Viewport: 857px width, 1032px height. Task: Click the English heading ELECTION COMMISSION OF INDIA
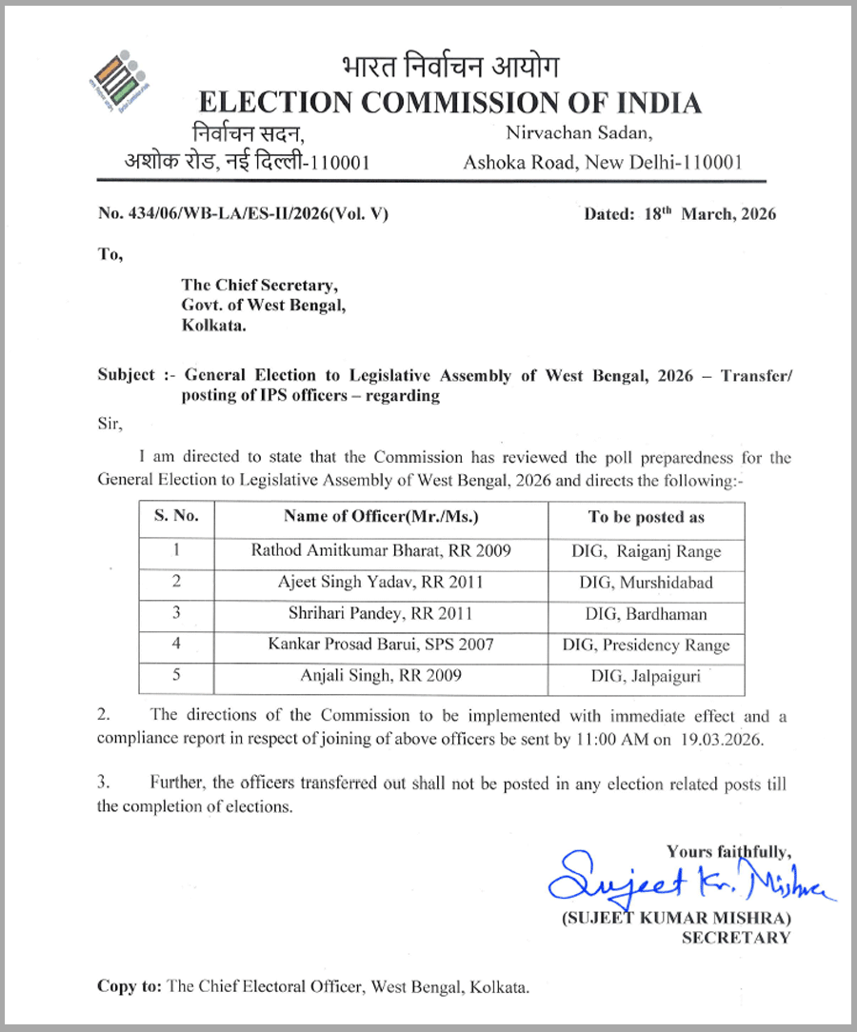[448, 103]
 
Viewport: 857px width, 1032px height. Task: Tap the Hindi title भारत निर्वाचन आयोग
[449, 68]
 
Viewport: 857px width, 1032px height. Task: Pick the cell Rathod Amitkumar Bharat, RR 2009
[381, 550]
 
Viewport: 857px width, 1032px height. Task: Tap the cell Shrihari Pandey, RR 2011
[381, 613]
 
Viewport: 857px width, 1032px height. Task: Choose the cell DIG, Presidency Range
[646, 645]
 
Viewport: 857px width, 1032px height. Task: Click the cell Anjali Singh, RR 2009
[381, 676]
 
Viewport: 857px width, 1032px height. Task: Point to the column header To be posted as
[646, 517]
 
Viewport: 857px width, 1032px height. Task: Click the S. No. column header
[176, 516]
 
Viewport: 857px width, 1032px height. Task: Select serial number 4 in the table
[176, 645]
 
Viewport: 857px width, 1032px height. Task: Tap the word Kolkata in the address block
[213, 327]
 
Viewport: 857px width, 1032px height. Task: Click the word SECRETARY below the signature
[736, 938]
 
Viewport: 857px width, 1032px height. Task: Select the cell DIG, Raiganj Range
[646, 550]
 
